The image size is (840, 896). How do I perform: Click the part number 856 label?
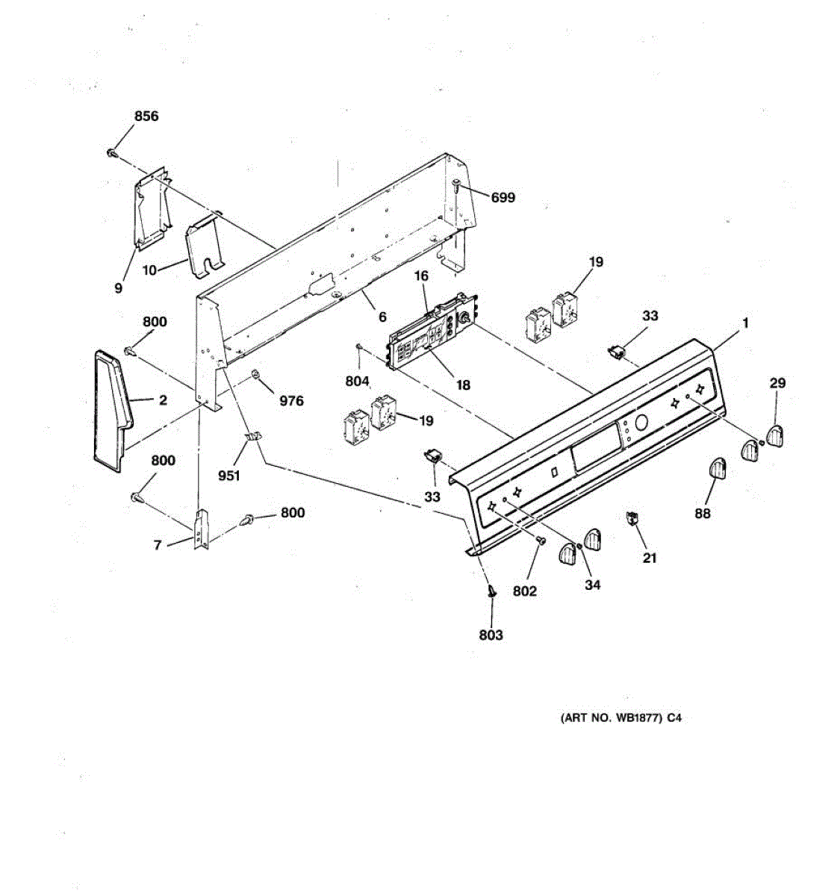[x=146, y=116]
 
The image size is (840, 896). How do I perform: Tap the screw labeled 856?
[x=112, y=153]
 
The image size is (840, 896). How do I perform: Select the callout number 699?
[x=503, y=198]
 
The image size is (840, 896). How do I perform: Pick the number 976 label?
[x=291, y=401]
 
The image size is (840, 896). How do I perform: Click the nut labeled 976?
[x=256, y=373]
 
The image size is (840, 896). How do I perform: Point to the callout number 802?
[x=525, y=591]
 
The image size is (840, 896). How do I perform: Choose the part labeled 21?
[x=632, y=517]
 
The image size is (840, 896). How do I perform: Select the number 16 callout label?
[x=421, y=276]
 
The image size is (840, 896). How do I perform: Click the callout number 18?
[x=463, y=385]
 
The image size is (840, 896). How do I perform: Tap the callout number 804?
[x=358, y=381]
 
